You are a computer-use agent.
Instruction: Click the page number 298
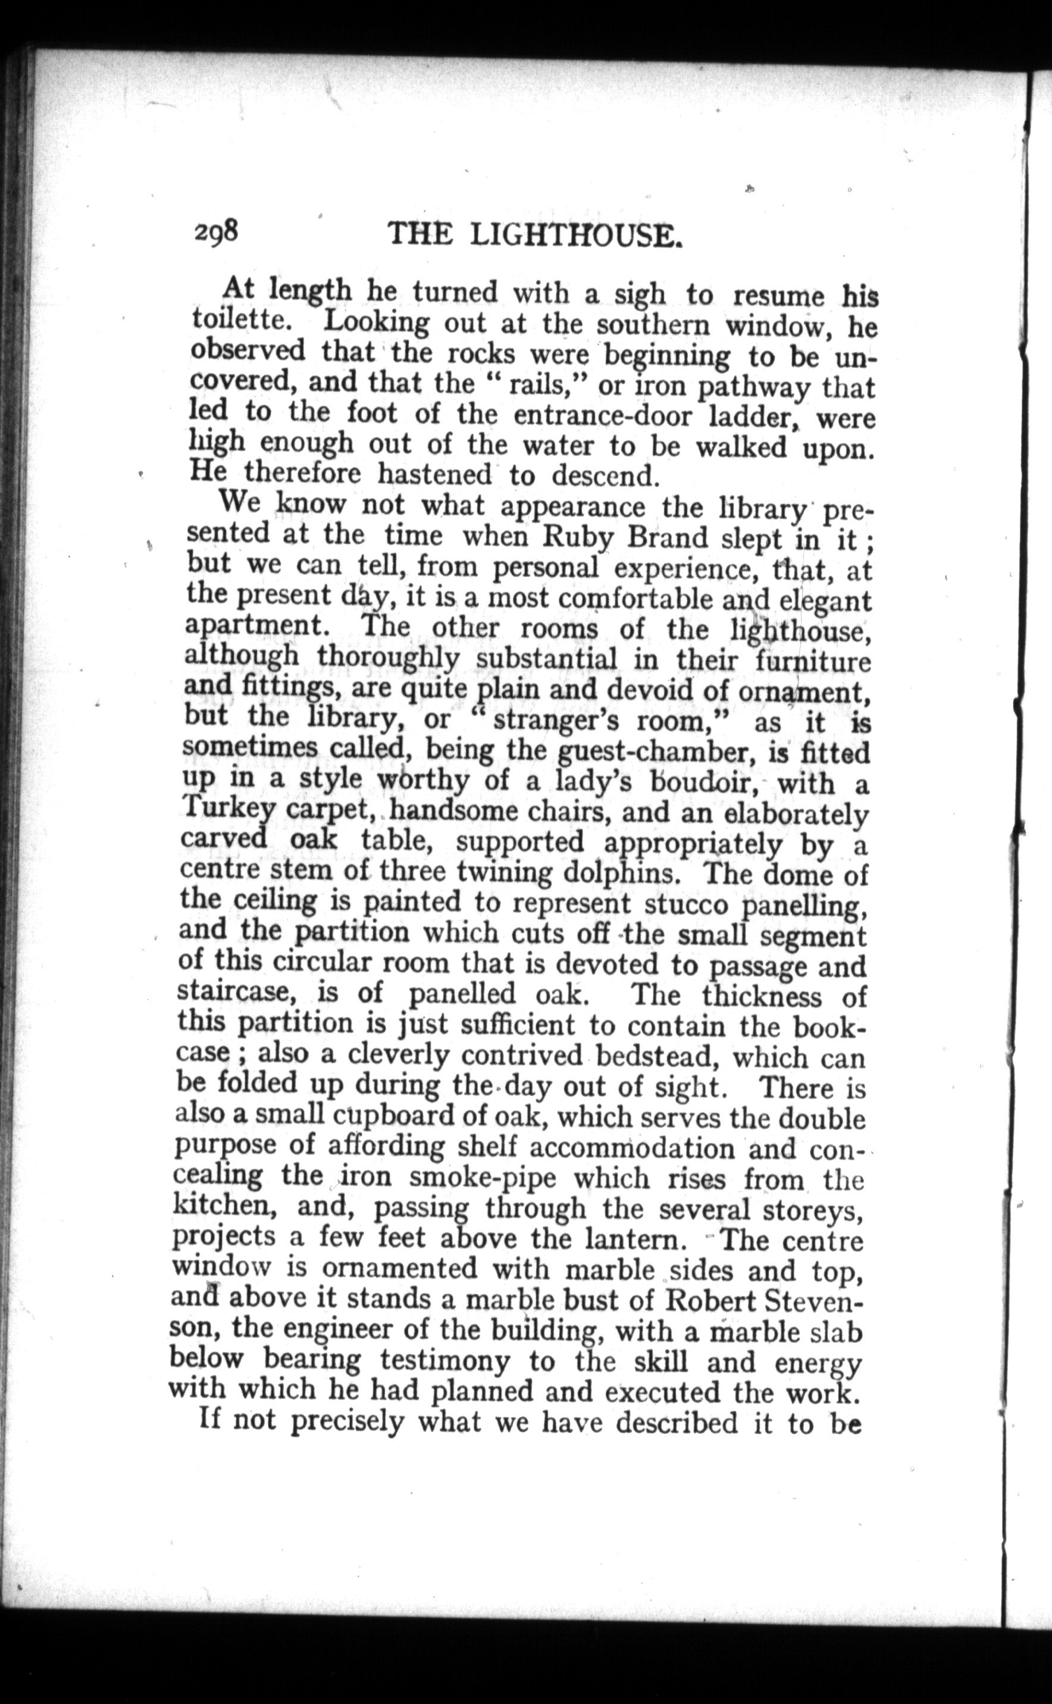pyautogui.click(x=217, y=231)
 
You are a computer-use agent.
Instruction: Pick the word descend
pyautogui.click(x=604, y=476)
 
